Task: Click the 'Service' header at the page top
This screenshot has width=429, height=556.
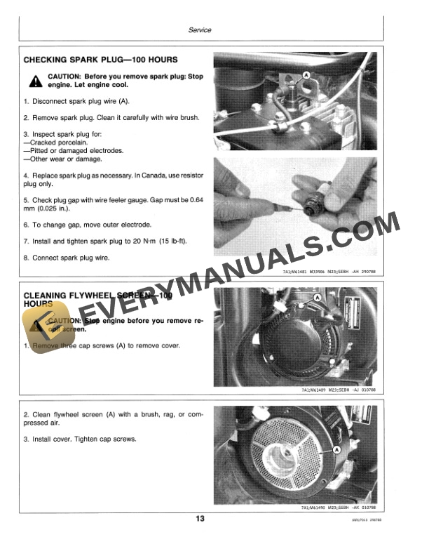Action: click(200, 30)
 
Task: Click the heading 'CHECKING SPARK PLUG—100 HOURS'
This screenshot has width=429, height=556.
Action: click(100, 60)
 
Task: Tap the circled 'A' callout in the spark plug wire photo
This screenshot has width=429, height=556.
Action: click(306, 74)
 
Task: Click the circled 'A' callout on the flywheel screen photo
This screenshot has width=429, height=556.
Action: click(336, 447)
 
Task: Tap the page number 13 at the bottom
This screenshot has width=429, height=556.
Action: click(200, 519)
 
